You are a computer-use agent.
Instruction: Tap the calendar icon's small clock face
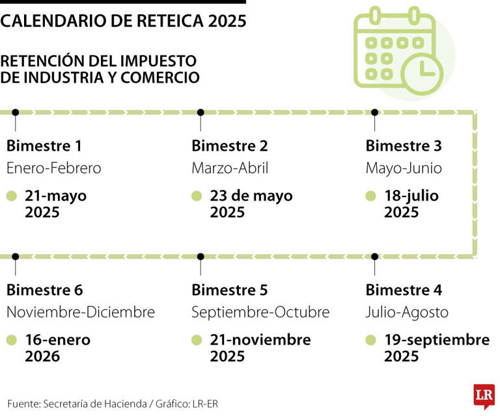(423, 70)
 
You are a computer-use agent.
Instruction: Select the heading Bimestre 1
(44, 146)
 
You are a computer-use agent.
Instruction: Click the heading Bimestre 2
(230, 146)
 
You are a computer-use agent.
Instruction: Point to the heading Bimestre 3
(404, 146)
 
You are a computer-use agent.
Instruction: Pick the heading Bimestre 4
(404, 290)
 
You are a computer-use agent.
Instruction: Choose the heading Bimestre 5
(230, 290)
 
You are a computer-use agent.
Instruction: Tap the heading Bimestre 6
(44, 290)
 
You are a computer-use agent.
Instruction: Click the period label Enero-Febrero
(54, 168)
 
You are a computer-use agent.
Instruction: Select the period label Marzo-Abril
(230, 168)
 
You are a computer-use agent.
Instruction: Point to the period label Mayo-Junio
(404, 168)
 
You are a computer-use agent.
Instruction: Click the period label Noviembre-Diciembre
(81, 313)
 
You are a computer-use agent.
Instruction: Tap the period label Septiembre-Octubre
(260, 313)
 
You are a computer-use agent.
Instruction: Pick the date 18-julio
(411, 196)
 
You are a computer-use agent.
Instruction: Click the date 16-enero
(58, 340)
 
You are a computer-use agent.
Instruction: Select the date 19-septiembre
(436, 340)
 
